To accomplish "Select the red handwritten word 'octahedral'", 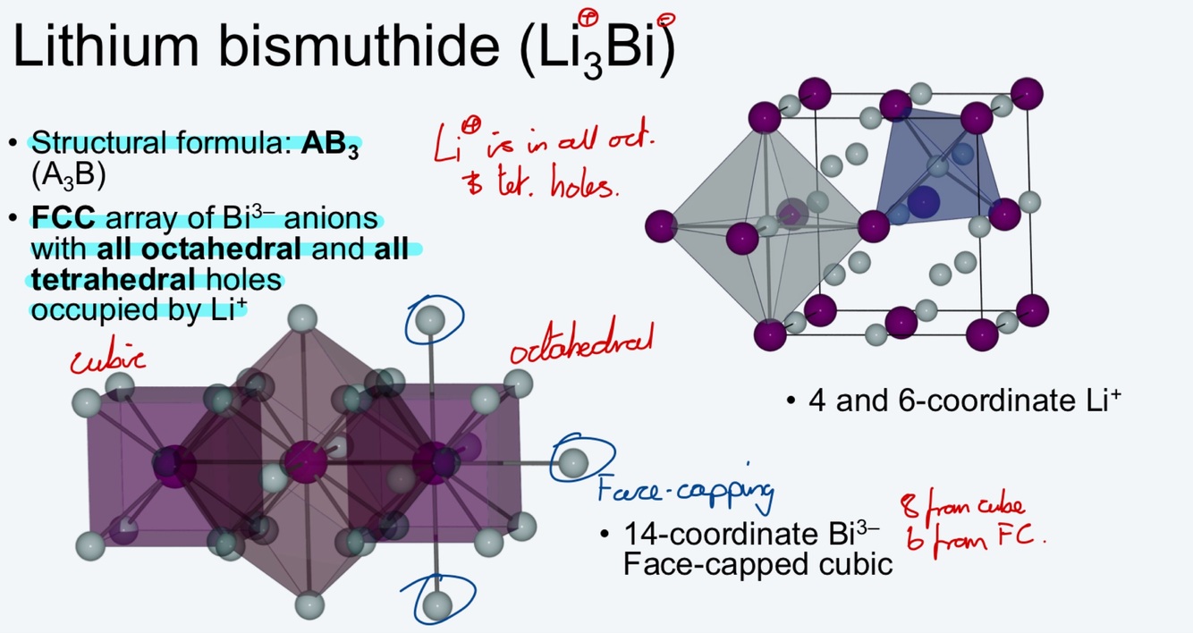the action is [581, 344].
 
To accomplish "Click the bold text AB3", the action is [331, 143].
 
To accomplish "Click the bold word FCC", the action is [63, 219].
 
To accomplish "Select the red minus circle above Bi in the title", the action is [666, 19].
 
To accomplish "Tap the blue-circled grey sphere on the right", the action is [571, 462].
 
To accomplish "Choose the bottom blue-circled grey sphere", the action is [437, 604].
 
